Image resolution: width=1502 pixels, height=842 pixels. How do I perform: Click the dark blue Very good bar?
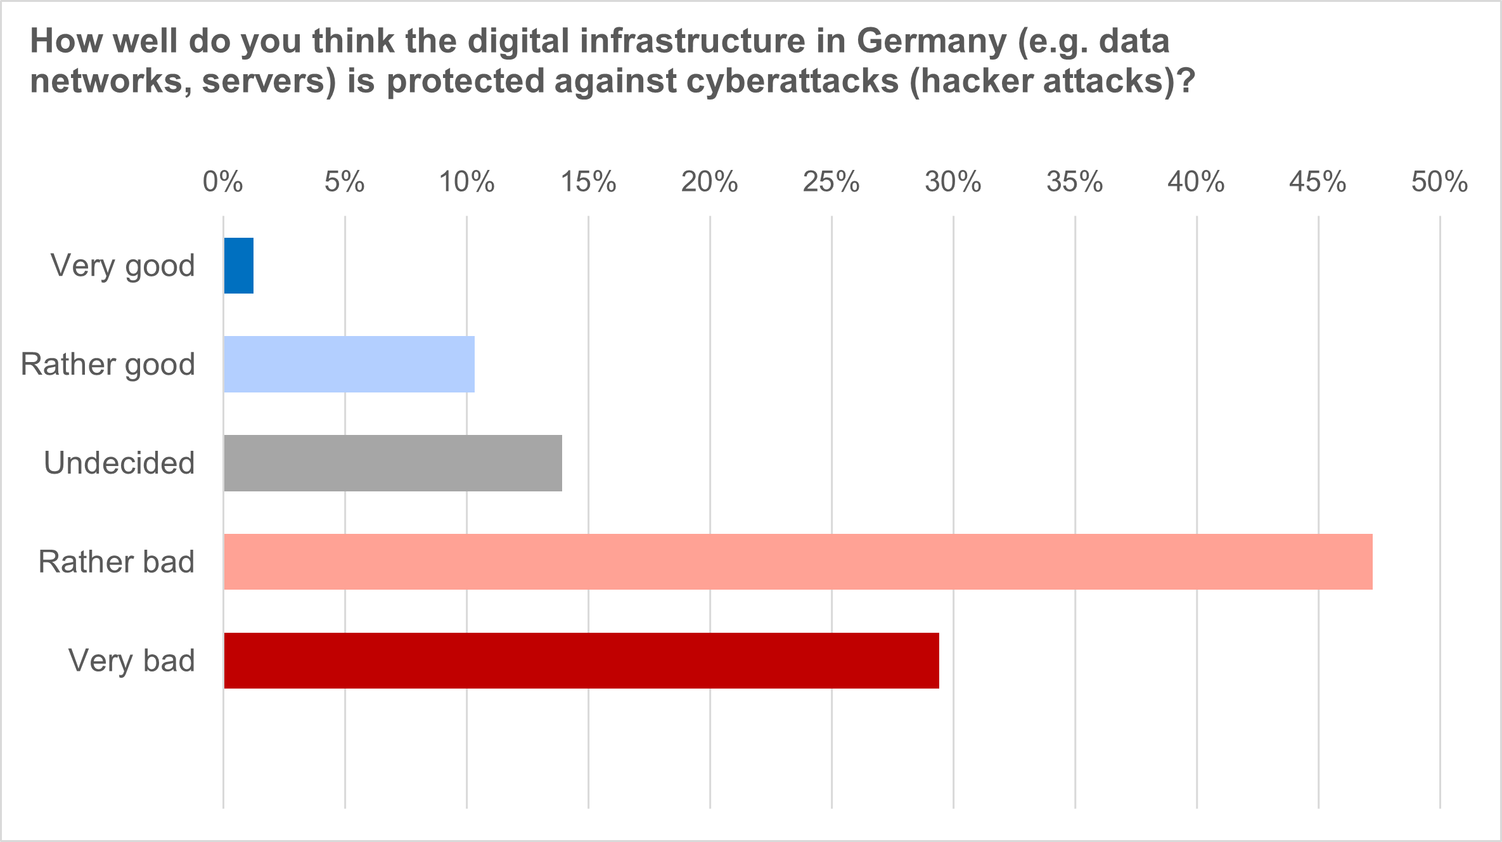(x=239, y=266)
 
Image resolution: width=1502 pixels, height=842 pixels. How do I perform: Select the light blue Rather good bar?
(x=349, y=364)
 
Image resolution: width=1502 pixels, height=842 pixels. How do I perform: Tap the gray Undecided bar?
(x=393, y=463)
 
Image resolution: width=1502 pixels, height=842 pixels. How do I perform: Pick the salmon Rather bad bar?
(x=798, y=562)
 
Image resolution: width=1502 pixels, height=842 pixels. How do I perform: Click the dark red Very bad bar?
(x=581, y=661)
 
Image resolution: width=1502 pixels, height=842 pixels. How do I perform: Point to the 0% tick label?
(x=222, y=182)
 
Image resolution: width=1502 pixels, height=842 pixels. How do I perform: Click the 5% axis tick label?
(x=344, y=182)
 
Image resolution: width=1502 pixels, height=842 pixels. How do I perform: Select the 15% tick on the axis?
(x=588, y=182)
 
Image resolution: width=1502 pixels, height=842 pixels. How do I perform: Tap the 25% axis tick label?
(x=831, y=182)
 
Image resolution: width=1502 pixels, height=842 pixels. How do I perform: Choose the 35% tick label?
(x=1074, y=182)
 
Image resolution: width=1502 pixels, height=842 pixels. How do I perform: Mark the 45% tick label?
(x=1318, y=182)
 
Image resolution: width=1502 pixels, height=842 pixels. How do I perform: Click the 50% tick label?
(x=1439, y=182)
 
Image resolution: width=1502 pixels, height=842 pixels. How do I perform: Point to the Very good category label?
(x=123, y=266)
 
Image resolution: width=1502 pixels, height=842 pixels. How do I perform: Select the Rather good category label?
(x=108, y=365)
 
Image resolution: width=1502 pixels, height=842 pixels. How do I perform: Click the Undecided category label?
(x=119, y=463)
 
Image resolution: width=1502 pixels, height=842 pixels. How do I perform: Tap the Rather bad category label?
(x=117, y=562)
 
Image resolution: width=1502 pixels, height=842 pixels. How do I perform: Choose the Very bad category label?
(x=132, y=661)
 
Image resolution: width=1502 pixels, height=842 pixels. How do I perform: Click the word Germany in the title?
(x=932, y=42)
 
